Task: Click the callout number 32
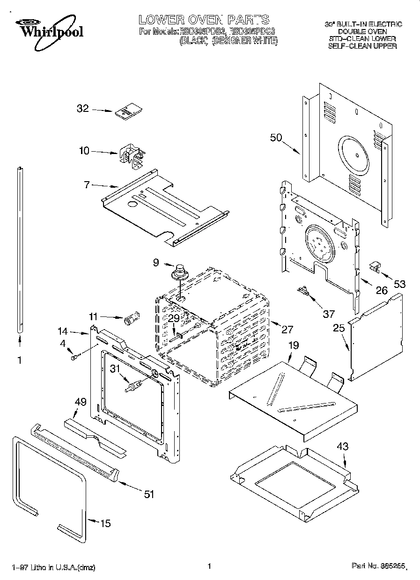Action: (x=82, y=109)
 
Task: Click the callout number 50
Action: (x=276, y=138)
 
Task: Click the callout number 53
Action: (x=399, y=284)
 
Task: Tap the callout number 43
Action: (x=343, y=447)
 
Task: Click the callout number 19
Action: (x=293, y=345)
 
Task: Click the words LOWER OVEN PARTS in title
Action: (x=203, y=20)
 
